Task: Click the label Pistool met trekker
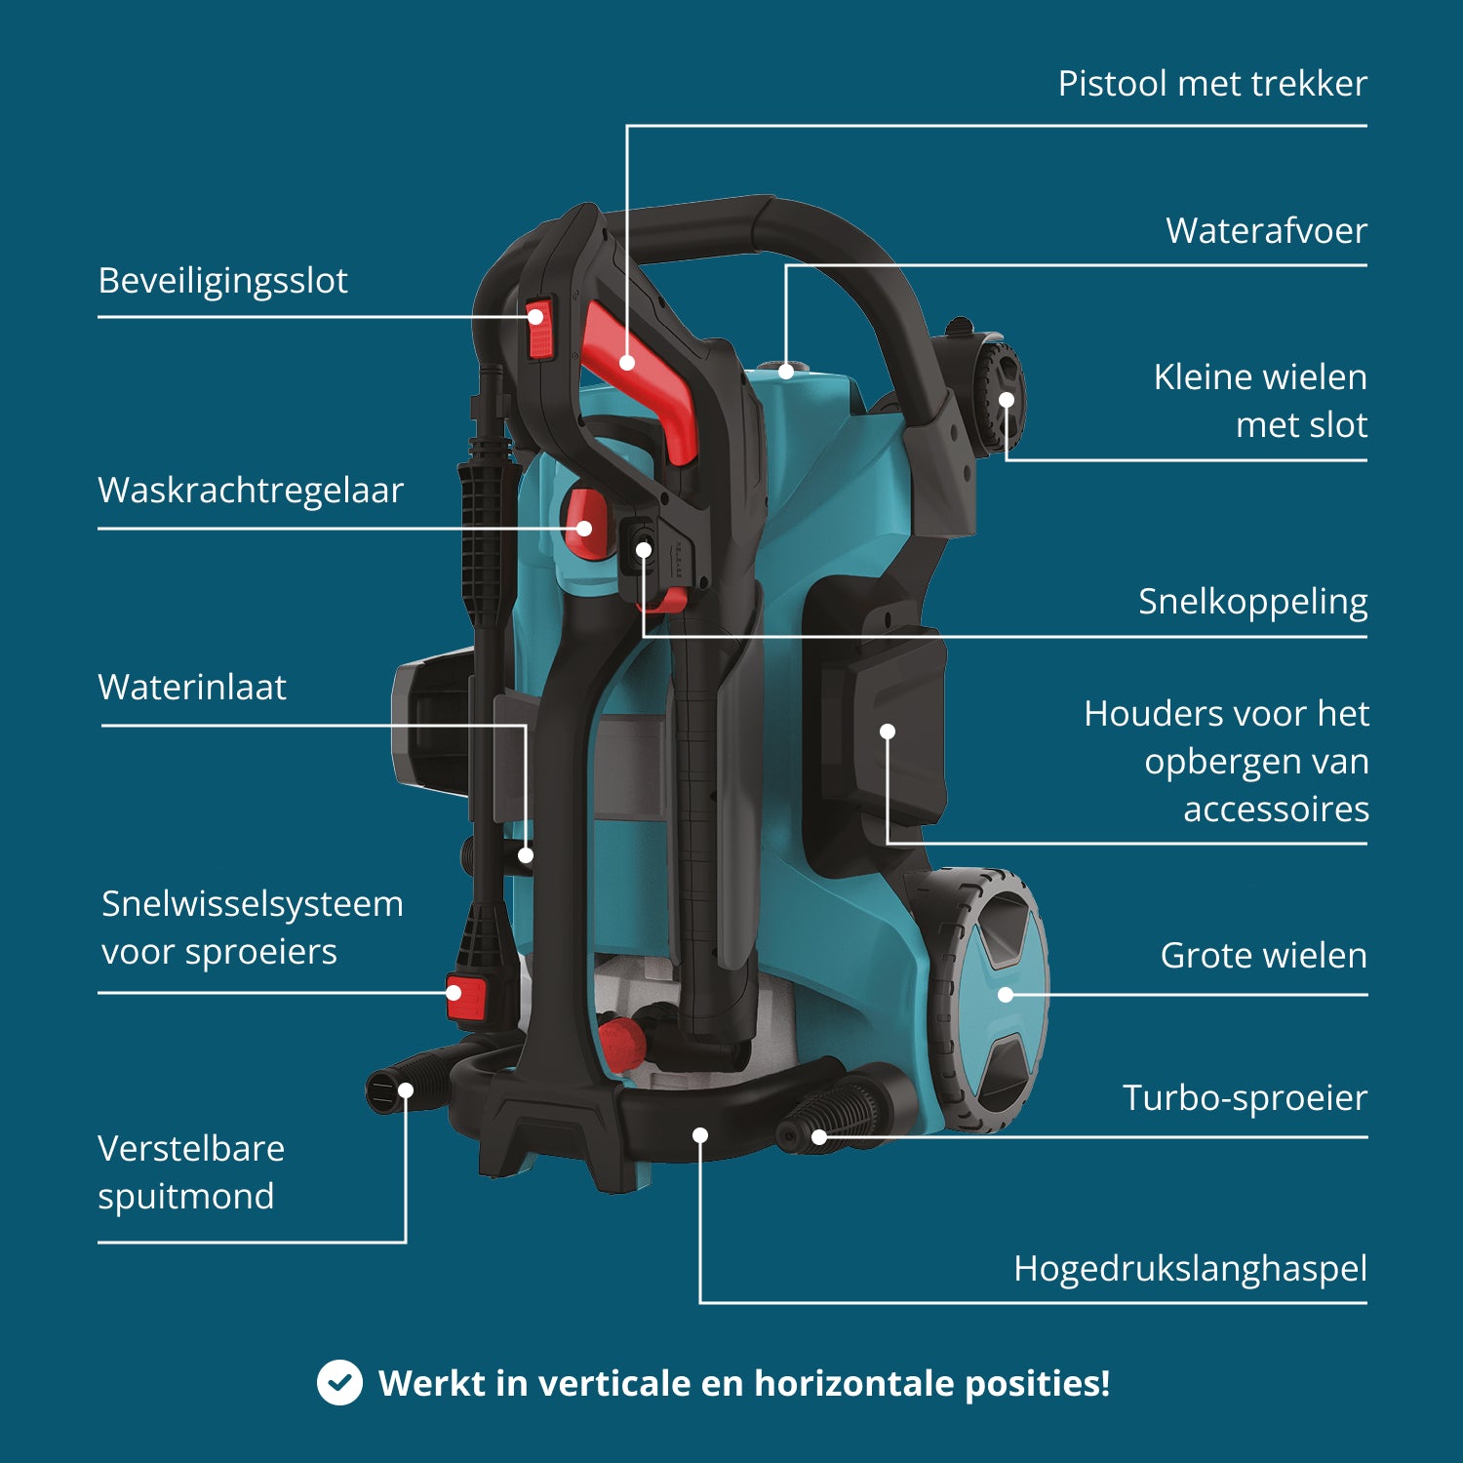(x=1211, y=84)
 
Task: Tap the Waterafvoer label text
(x=1266, y=231)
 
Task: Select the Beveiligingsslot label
(x=222, y=281)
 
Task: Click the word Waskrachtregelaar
(x=251, y=491)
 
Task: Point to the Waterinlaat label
(x=192, y=688)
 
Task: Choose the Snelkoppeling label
(x=1252, y=602)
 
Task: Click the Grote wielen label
(x=1263, y=956)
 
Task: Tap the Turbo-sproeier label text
(x=1245, y=1098)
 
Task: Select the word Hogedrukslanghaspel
(x=1190, y=1269)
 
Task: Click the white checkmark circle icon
(x=339, y=1383)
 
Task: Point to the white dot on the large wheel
(x=1006, y=995)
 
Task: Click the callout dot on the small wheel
(x=1007, y=400)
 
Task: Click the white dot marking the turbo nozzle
(x=819, y=1136)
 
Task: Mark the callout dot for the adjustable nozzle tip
(x=406, y=1090)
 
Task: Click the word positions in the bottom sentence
(x=1036, y=1383)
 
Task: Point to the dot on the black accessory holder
(x=888, y=731)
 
